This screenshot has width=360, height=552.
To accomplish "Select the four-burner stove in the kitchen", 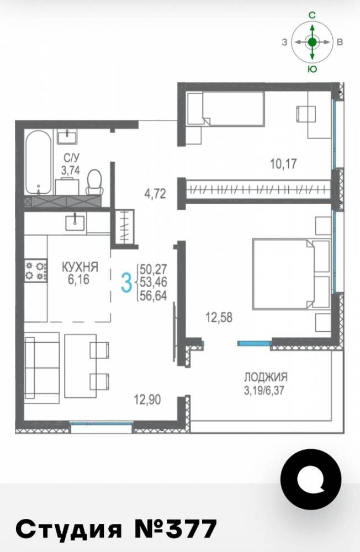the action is (x=35, y=270).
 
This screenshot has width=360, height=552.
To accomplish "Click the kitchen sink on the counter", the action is (x=75, y=222).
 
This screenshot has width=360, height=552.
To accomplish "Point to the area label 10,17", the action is (x=283, y=164).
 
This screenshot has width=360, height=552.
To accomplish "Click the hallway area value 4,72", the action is (x=155, y=194).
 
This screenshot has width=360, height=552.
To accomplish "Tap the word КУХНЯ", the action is (x=80, y=267).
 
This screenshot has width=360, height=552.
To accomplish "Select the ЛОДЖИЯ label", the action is (x=266, y=377).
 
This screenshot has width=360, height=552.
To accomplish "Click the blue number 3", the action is (x=126, y=283).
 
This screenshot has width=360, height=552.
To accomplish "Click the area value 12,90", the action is (x=147, y=400).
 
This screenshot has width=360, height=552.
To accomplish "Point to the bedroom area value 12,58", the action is (x=219, y=317).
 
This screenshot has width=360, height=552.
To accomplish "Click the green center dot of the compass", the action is (x=312, y=43).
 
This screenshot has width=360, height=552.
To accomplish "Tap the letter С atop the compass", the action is (x=312, y=15).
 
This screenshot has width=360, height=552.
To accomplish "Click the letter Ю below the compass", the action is (x=313, y=69).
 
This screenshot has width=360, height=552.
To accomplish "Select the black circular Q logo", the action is (x=311, y=480).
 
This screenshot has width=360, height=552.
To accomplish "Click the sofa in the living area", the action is (x=41, y=367).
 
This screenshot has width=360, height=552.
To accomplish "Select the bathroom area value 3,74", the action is (x=71, y=171).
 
